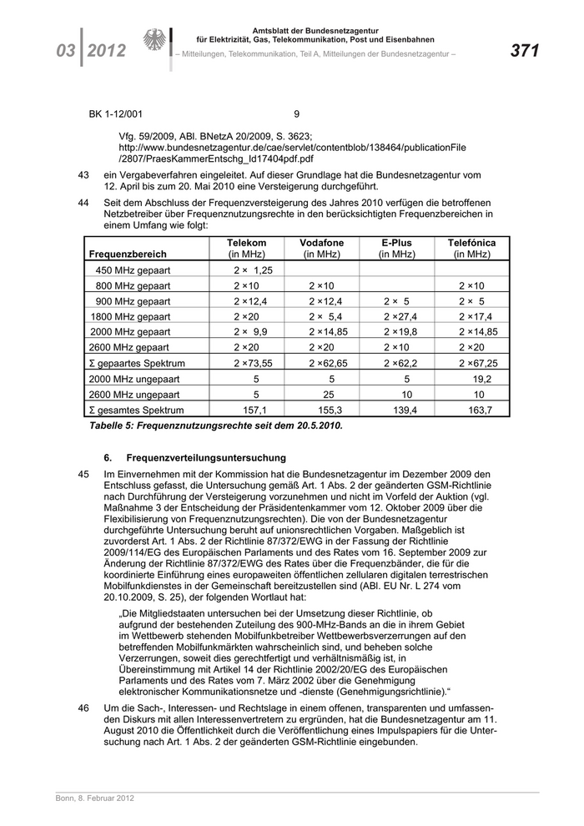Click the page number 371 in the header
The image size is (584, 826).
(x=525, y=51)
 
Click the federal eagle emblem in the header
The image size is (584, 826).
(x=155, y=42)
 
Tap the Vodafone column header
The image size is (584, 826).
(x=321, y=248)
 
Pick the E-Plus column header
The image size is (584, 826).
(x=396, y=248)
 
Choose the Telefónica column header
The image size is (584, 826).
(x=471, y=248)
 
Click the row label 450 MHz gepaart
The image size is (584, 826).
(x=133, y=270)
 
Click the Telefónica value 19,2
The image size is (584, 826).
(x=482, y=379)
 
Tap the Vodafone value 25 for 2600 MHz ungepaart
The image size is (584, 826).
(x=328, y=395)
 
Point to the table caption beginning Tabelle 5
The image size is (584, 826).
(x=215, y=426)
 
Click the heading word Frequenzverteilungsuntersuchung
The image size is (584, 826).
(x=206, y=457)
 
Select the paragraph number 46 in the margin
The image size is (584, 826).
(x=83, y=708)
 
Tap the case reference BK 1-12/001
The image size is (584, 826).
(x=116, y=114)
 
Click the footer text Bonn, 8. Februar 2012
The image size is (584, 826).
(x=89, y=798)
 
